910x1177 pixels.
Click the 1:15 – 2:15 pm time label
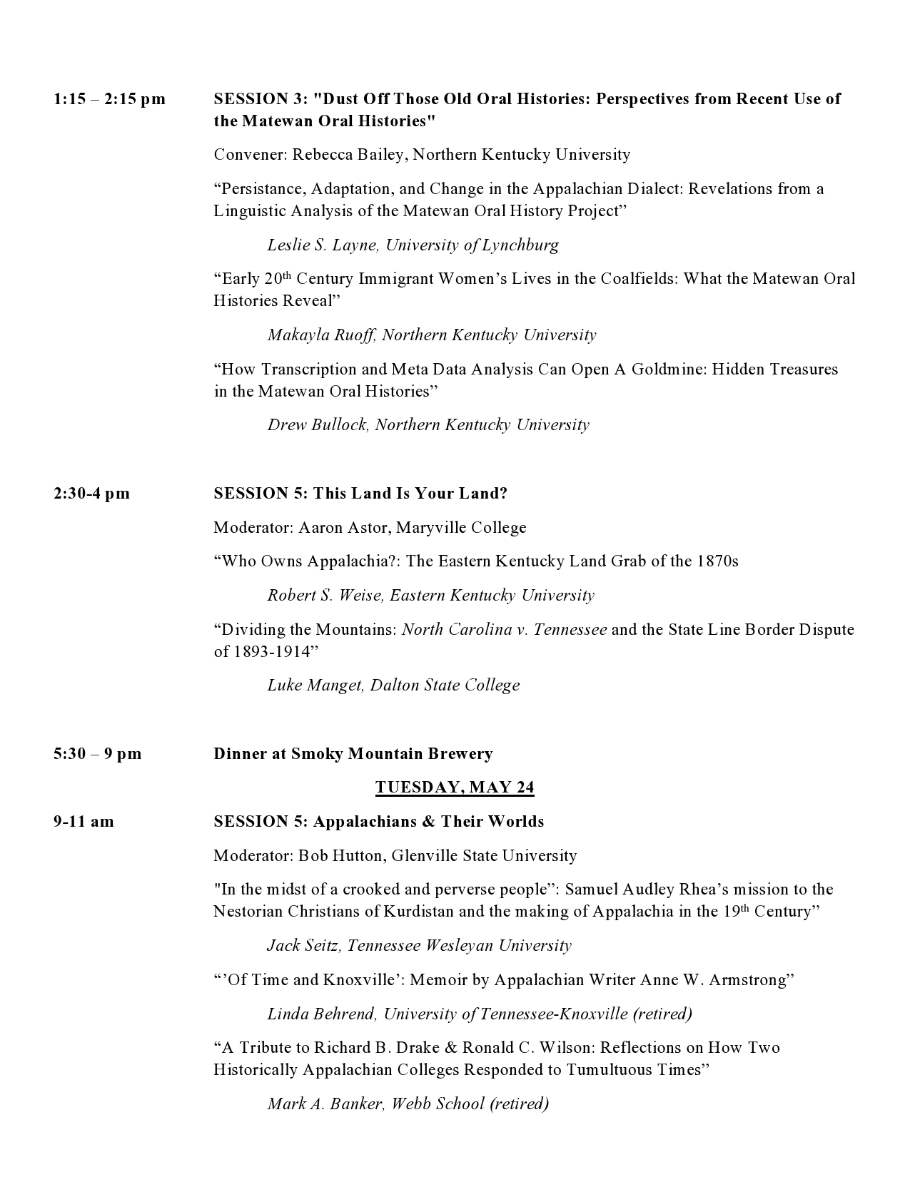tap(109, 99)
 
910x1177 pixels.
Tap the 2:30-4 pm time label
tap(91, 494)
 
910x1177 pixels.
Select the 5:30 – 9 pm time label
tap(97, 754)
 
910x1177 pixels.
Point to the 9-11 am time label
tap(84, 822)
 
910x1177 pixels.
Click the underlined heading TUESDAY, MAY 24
tap(455, 788)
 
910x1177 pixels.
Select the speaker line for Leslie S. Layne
tap(413, 245)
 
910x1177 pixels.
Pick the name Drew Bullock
tap(318, 425)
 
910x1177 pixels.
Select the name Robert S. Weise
tap(325, 596)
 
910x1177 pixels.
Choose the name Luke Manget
tap(315, 686)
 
